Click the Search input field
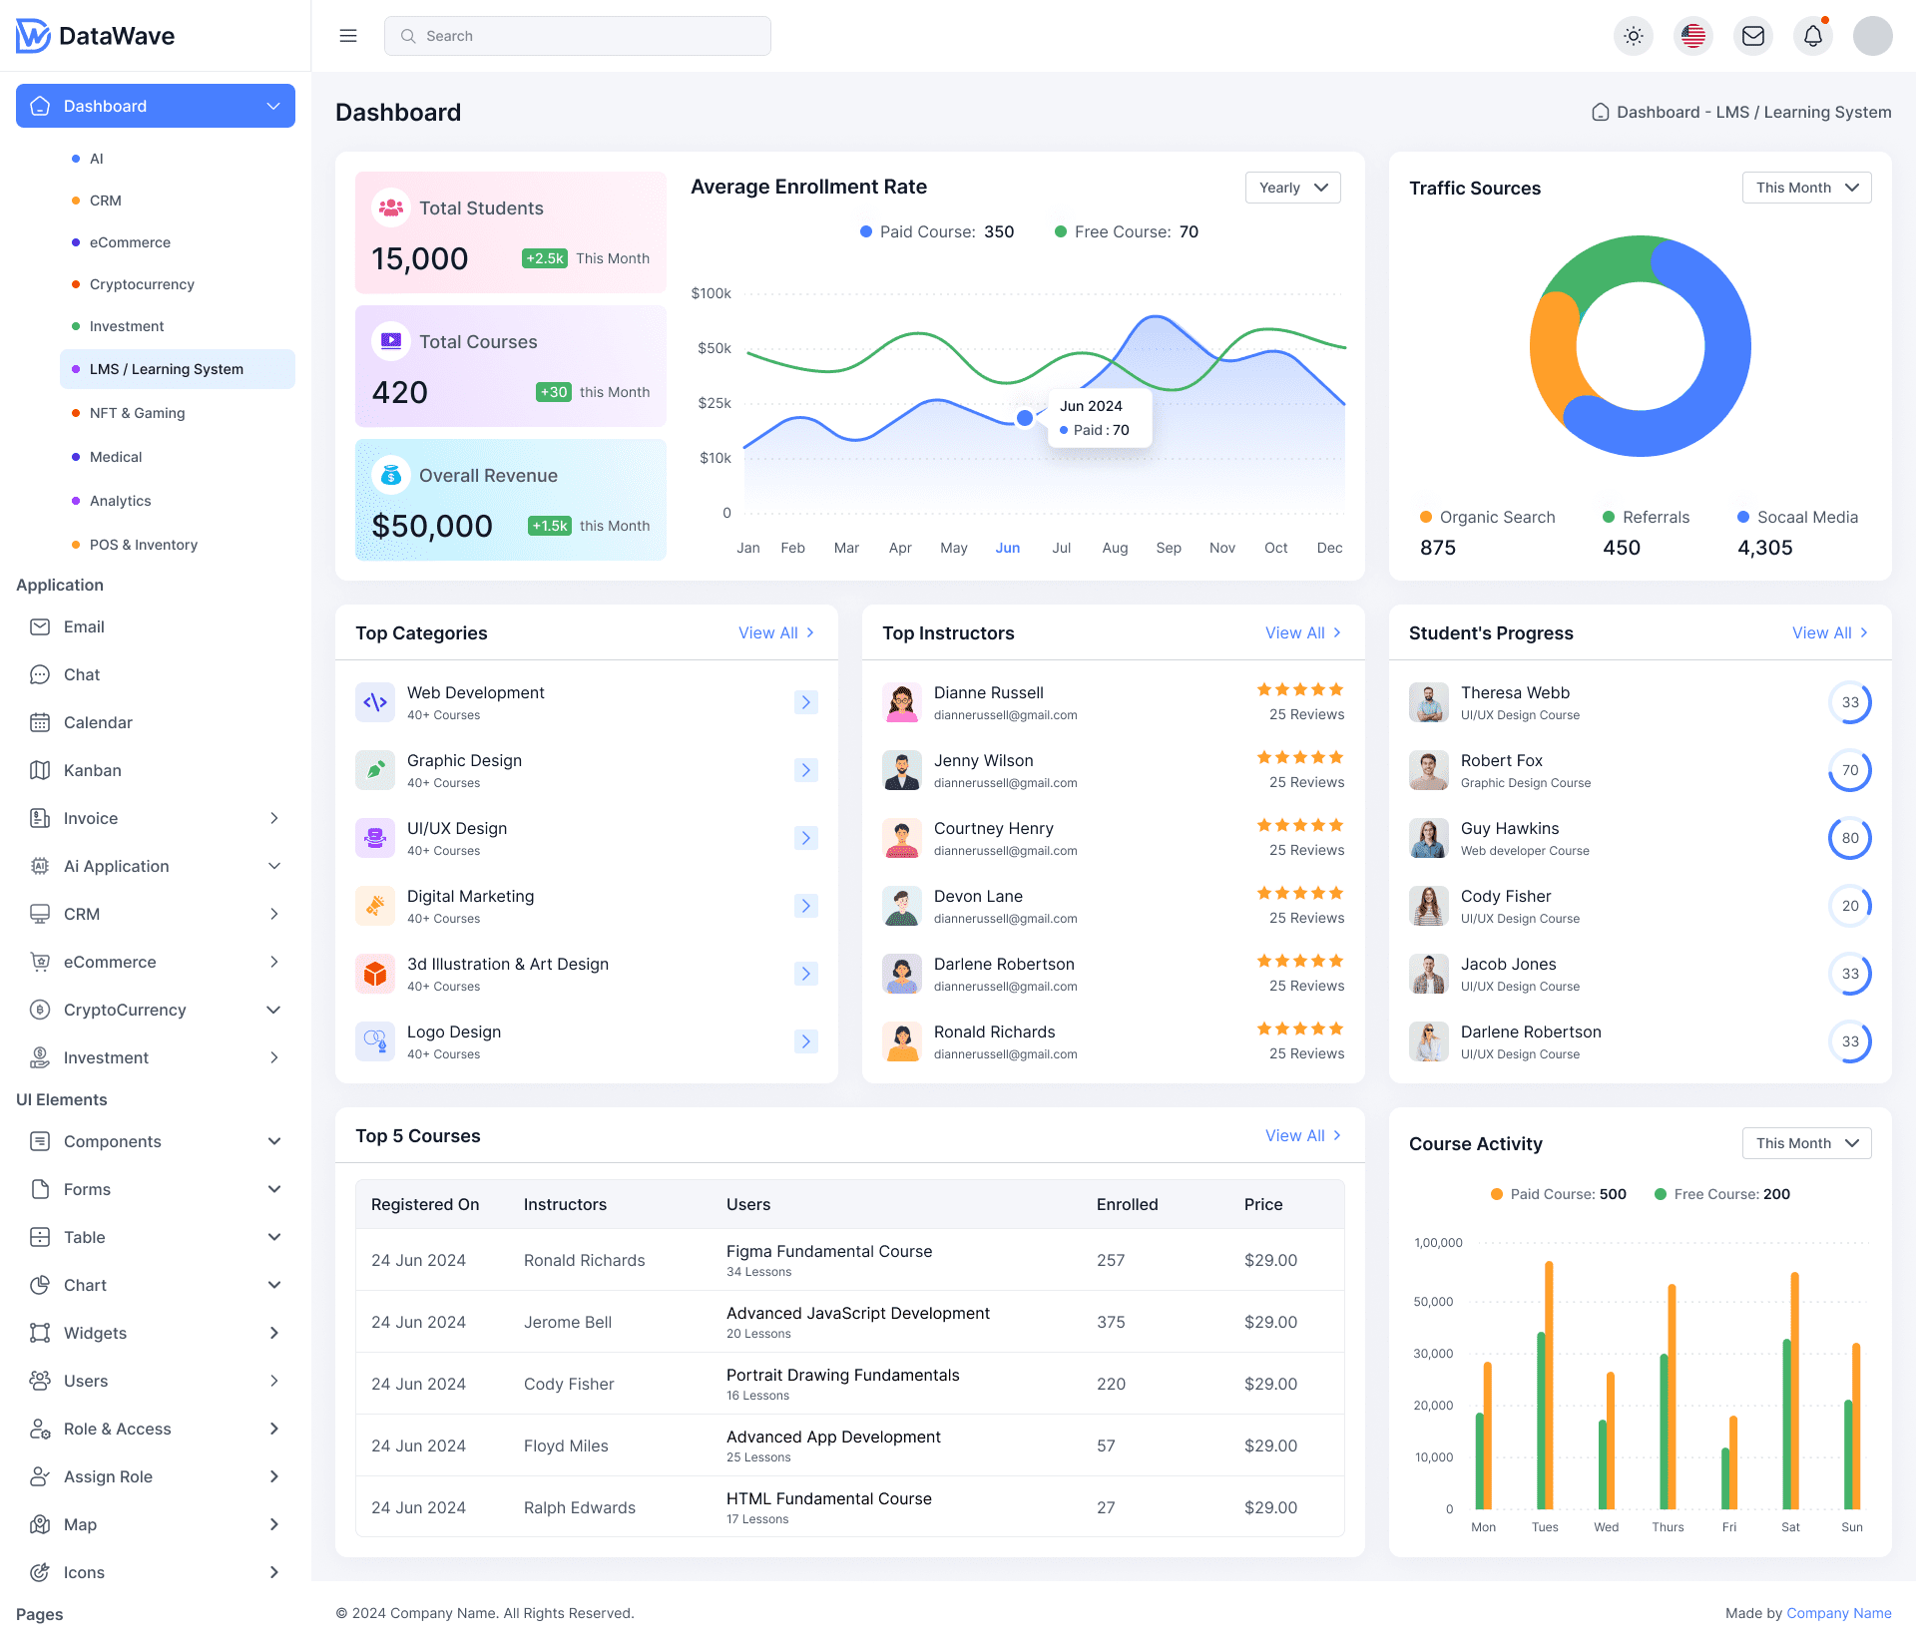click(x=577, y=36)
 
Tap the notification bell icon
click(x=1812, y=36)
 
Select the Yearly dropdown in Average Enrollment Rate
click(x=1292, y=188)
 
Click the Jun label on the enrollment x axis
click(x=1007, y=548)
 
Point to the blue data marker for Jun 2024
click(x=1025, y=418)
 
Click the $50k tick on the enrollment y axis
click(x=714, y=348)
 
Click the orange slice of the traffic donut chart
click(x=1552, y=359)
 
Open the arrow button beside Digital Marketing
click(x=805, y=906)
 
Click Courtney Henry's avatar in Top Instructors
click(x=901, y=838)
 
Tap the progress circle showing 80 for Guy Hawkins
click(x=1849, y=838)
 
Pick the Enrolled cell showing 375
click(x=1111, y=1322)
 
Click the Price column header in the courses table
click(x=1262, y=1204)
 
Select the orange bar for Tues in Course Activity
click(x=1549, y=1387)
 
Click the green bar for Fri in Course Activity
click(x=1725, y=1478)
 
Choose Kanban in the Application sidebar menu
click(x=92, y=770)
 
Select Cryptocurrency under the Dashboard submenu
click(x=142, y=284)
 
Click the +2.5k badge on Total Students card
click(x=545, y=258)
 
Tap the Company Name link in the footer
click(x=1838, y=1613)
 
